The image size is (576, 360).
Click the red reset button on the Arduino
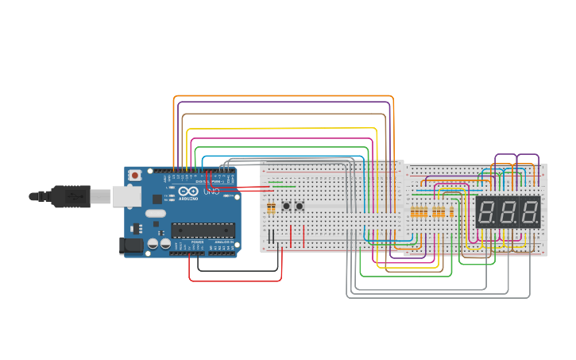(x=135, y=175)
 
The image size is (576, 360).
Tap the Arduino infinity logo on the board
(x=187, y=192)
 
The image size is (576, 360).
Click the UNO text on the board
(x=212, y=192)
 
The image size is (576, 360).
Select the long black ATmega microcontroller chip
(x=203, y=230)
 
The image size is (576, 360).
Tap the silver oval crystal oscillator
(x=156, y=213)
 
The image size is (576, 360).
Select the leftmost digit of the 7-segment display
(x=488, y=212)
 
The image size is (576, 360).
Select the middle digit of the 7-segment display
(x=508, y=212)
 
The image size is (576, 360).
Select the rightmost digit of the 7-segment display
(x=529, y=212)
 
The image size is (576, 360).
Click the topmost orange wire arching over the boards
(x=283, y=96)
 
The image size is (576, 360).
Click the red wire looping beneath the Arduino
(x=235, y=281)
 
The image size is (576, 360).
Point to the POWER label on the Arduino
(x=197, y=243)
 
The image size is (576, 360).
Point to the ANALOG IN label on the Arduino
(x=224, y=243)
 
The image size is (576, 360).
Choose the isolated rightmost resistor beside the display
(x=452, y=212)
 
